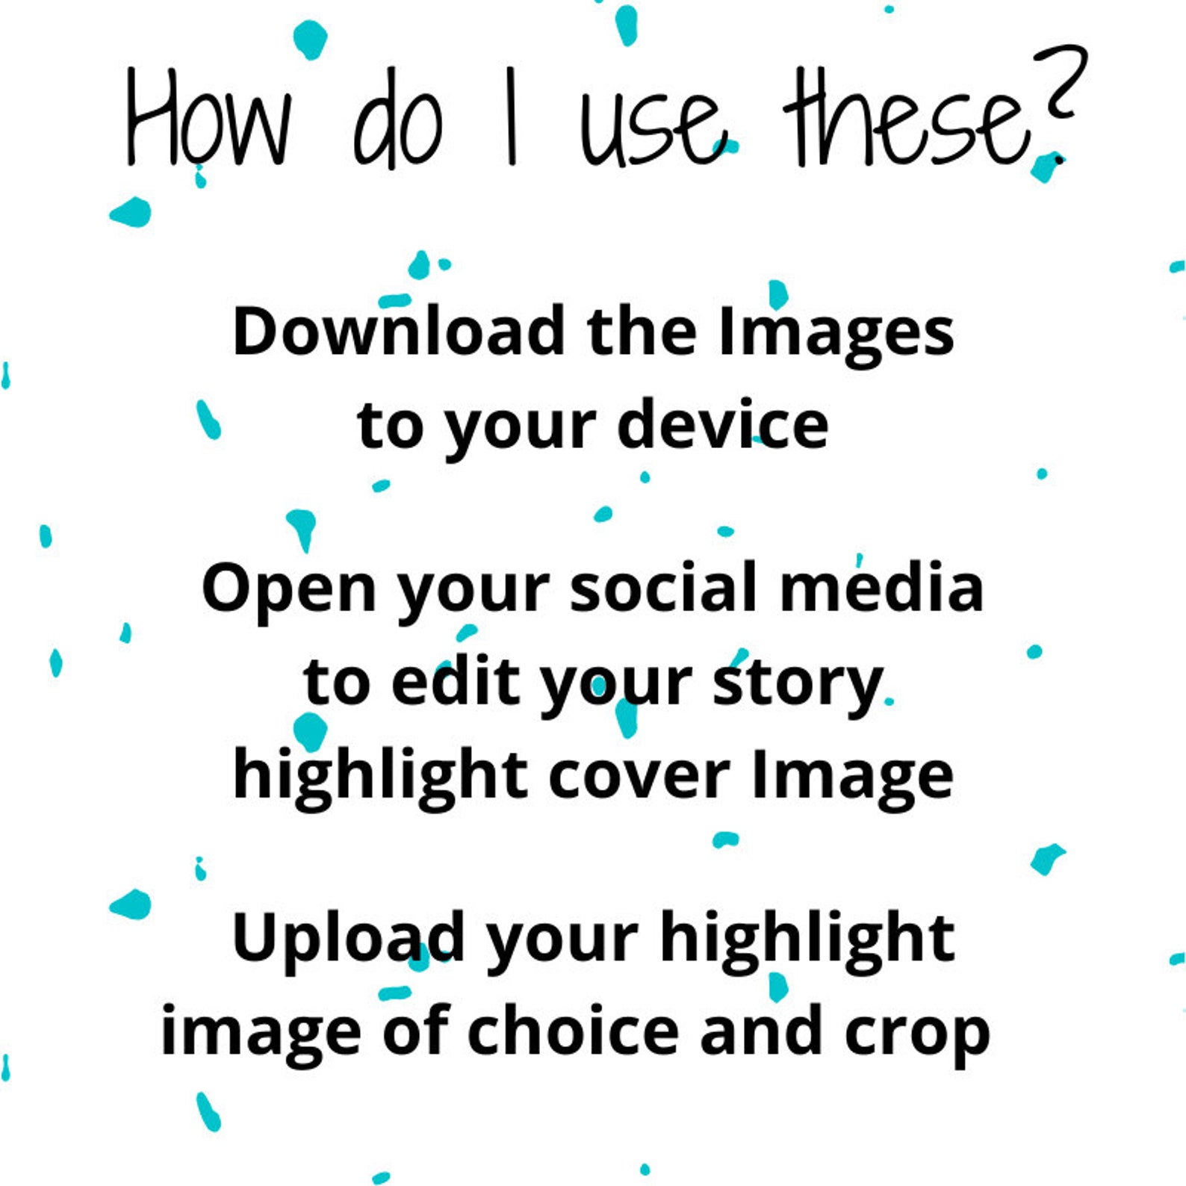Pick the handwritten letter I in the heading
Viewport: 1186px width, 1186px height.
tap(511, 117)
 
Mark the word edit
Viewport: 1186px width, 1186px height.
tap(456, 681)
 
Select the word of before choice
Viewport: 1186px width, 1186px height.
tap(416, 1031)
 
